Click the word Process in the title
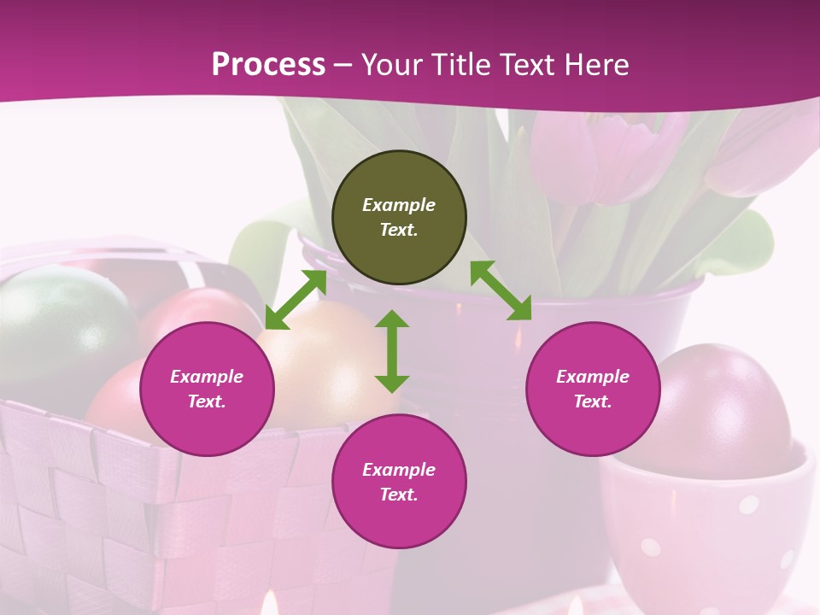point(268,65)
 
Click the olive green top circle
point(399,217)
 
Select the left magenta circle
point(207,389)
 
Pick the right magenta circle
point(593,389)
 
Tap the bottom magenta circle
point(399,482)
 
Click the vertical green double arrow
point(392,351)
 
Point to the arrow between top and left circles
point(296,300)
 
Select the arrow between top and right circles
point(501,290)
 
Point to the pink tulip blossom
point(598,154)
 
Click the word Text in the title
point(533,65)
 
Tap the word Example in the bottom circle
point(399,469)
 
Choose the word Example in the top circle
point(399,205)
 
